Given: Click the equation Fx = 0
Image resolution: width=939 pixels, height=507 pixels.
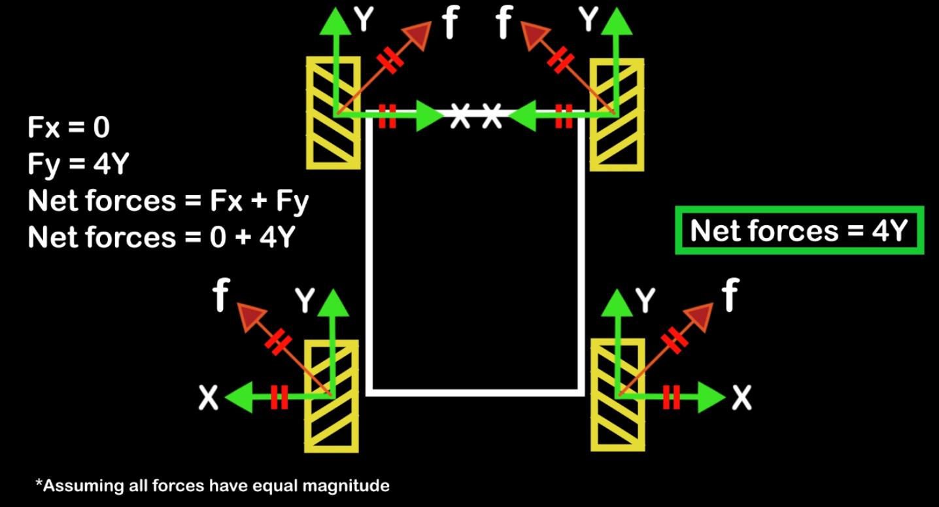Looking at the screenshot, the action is click(x=69, y=127).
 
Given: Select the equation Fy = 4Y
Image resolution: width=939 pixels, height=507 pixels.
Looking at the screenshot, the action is click(x=78, y=164).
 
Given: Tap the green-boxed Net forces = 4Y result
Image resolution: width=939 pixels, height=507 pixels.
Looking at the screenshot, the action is click(x=800, y=230).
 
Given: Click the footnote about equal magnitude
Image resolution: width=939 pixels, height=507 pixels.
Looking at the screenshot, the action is click(x=213, y=485).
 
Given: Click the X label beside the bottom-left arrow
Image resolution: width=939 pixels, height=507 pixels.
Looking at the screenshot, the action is click(x=209, y=397).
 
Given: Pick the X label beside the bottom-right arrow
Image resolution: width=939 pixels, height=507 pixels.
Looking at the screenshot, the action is click(x=742, y=398).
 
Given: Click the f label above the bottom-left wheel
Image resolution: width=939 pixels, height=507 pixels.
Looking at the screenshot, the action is click(x=221, y=295).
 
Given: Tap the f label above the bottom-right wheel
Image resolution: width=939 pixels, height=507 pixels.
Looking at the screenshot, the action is click(x=730, y=295).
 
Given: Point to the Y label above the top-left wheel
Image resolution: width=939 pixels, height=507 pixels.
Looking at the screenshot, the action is click(x=364, y=19).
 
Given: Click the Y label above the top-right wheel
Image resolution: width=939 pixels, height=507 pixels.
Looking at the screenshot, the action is click(x=589, y=19).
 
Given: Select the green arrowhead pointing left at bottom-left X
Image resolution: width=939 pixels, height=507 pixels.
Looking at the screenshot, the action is click(x=239, y=397).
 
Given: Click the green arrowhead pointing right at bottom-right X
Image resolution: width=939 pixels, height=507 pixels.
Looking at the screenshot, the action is click(x=712, y=397).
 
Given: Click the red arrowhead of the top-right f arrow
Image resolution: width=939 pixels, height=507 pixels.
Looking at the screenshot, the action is click(x=535, y=35).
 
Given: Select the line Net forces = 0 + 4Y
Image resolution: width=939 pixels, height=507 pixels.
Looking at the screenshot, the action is click(x=162, y=237).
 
